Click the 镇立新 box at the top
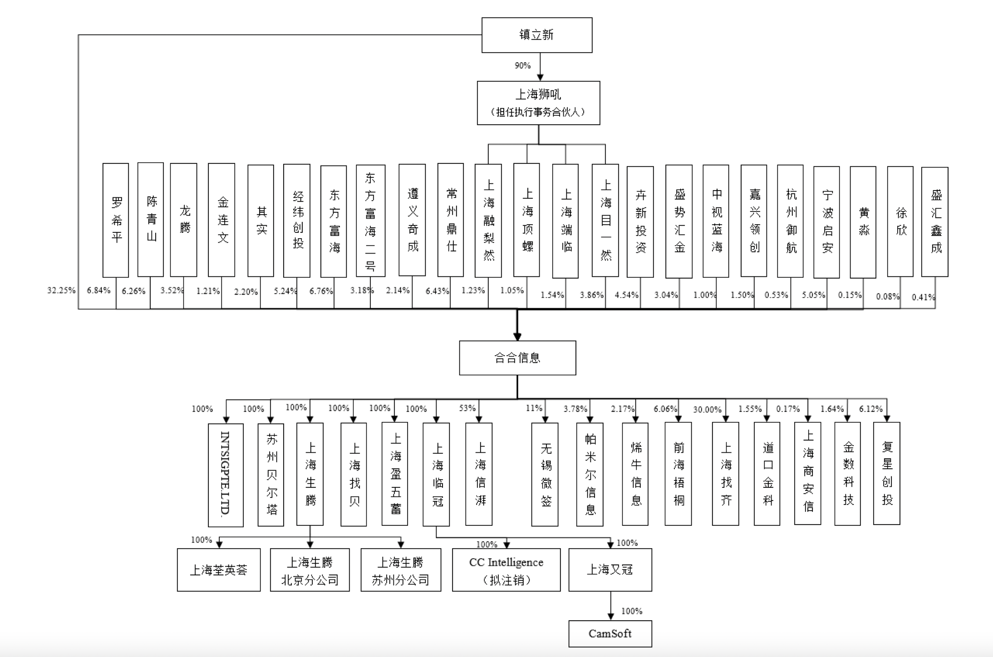[x=536, y=35]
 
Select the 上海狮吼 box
[x=538, y=103]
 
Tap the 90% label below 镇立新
[x=522, y=65]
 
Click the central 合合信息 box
[x=517, y=358]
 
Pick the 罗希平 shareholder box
[x=116, y=220]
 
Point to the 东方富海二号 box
[x=370, y=221]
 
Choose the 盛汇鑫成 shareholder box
[x=934, y=221]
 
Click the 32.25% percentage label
[x=61, y=290]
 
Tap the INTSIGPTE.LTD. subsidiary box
[x=226, y=475]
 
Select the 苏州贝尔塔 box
[x=271, y=475]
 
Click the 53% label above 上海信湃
[x=467, y=408]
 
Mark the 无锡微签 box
[x=545, y=474]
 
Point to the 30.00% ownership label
[x=707, y=409]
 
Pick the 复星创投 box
[x=886, y=473]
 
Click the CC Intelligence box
[x=506, y=570]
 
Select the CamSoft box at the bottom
[x=610, y=633]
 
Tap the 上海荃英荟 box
[x=219, y=570]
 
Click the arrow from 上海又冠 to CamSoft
[x=610, y=606]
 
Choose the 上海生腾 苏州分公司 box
[x=401, y=570]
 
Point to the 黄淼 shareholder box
[x=863, y=222]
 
